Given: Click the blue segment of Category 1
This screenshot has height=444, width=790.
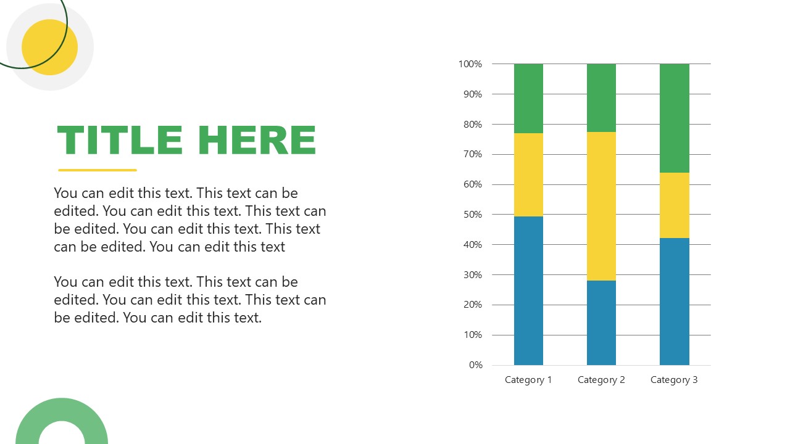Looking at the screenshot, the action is pyautogui.click(x=528, y=290).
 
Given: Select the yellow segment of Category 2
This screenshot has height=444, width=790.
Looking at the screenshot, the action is pyautogui.click(x=601, y=206).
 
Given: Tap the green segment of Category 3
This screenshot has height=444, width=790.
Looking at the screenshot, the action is pyautogui.click(x=675, y=118).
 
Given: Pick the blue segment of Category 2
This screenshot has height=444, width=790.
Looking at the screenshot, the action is pyautogui.click(x=601, y=323).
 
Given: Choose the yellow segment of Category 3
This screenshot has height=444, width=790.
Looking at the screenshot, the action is pyautogui.click(x=675, y=205).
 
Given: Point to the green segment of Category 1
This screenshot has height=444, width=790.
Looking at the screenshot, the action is pyautogui.click(x=528, y=98).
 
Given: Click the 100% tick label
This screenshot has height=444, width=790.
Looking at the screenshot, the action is pyautogui.click(x=470, y=64).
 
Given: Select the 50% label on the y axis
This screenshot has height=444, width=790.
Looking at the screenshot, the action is pyautogui.click(x=473, y=215).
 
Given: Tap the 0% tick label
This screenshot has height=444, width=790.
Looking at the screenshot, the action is pyautogui.click(x=475, y=365).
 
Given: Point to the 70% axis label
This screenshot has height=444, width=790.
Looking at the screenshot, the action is pyautogui.click(x=473, y=154).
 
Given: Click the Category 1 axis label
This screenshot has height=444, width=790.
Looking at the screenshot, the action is pyautogui.click(x=528, y=380).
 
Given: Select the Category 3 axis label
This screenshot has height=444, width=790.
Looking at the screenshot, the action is pyautogui.click(x=674, y=380).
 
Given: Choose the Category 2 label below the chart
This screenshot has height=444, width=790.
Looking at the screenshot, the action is pyautogui.click(x=601, y=380).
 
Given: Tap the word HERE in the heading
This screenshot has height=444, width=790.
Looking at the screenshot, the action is pyautogui.click(x=257, y=140).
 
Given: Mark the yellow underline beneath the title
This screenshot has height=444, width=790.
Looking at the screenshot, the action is pyautogui.click(x=98, y=170).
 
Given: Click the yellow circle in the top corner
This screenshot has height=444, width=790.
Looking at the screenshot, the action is pyautogui.click(x=50, y=47).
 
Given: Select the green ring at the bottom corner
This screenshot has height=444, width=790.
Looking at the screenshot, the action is pyautogui.click(x=62, y=409).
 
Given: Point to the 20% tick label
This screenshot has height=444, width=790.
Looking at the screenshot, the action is pyautogui.click(x=473, y=305).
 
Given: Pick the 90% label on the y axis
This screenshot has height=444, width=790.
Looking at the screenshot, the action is pyautogui.click(x=473, y=94).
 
